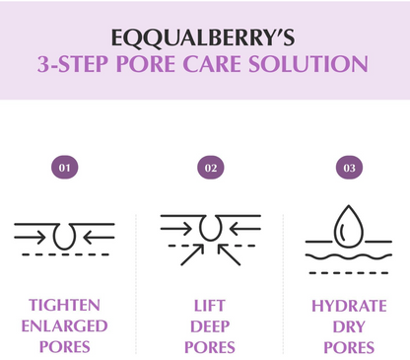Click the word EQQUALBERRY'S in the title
point(205,36)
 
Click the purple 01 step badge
point(64,168)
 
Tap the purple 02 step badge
point(210,168)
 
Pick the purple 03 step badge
point(349,168)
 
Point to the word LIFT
point(209,305)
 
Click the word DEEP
point(209,325)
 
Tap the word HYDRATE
point(349,305)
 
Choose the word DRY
point(349,325)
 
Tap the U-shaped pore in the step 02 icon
point(210,228)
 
